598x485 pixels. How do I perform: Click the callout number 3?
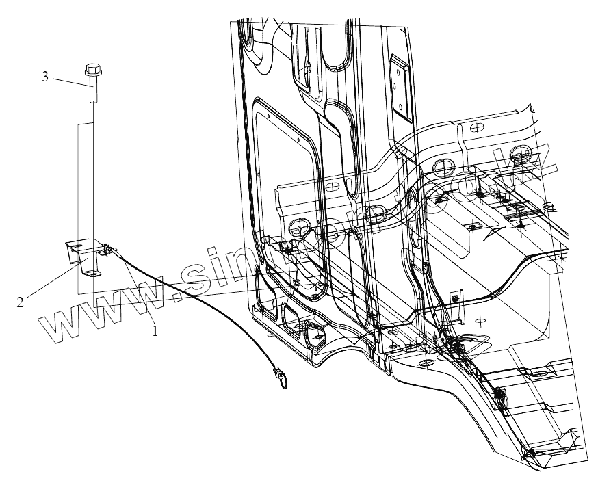point(45,77)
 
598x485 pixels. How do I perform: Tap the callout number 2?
point(21,301)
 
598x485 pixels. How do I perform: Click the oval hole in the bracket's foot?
point(92,273)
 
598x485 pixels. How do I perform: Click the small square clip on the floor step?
point(454,298)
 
